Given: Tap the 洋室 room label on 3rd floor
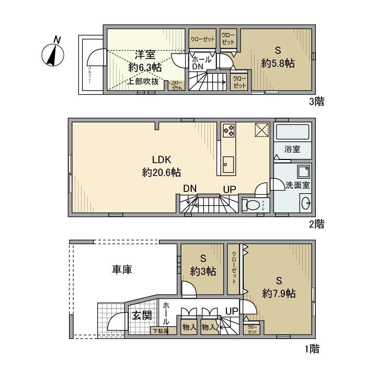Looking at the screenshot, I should (145, 54).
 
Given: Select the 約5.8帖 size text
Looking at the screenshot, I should (278, 63).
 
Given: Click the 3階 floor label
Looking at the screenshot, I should (316, 101).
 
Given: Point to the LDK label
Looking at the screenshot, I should (161, 160).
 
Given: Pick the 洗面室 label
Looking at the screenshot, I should (298, 185).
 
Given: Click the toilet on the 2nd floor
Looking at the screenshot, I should (253, 205).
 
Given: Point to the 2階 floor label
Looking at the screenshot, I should (316, 224).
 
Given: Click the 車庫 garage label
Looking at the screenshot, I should (121, 270).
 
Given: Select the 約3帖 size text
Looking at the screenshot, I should (203, 271).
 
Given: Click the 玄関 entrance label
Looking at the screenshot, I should (141, 315).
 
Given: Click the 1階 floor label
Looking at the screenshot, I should (312, 348).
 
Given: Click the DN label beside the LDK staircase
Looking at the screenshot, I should (190, 189).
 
